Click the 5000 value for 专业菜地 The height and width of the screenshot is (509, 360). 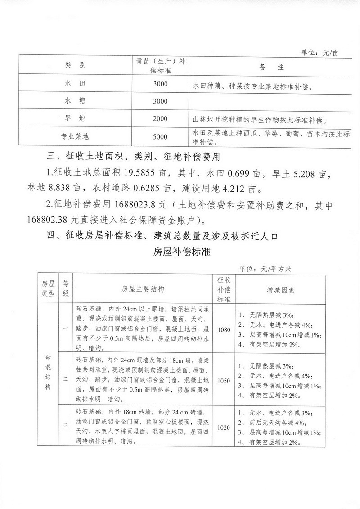point(160,137)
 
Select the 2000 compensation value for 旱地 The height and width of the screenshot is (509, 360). point(160,119)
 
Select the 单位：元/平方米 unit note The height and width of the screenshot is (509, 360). point(265,269)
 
